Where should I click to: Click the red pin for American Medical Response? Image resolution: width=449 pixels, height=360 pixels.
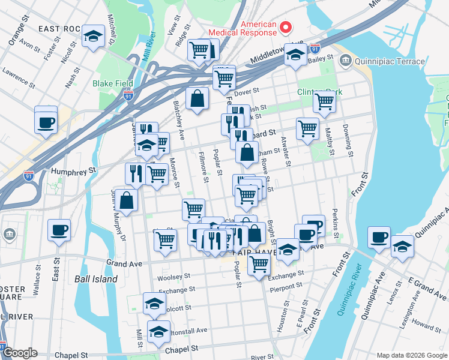(x=286, y=28)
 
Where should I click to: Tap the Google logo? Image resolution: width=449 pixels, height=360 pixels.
(x=20, y=353)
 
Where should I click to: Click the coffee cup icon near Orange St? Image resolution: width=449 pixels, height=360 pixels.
(x=46, y=123)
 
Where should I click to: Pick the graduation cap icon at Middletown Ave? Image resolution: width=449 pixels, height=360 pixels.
(x=295, y=55)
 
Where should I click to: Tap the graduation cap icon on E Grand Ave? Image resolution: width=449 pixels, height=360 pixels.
(x=402, y=245)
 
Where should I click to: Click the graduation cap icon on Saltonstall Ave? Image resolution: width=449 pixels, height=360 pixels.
(x=158, y=331)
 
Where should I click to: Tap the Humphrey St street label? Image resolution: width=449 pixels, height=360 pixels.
(x=74, y=170)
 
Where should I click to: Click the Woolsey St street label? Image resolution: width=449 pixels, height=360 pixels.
(x=173, y=278)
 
